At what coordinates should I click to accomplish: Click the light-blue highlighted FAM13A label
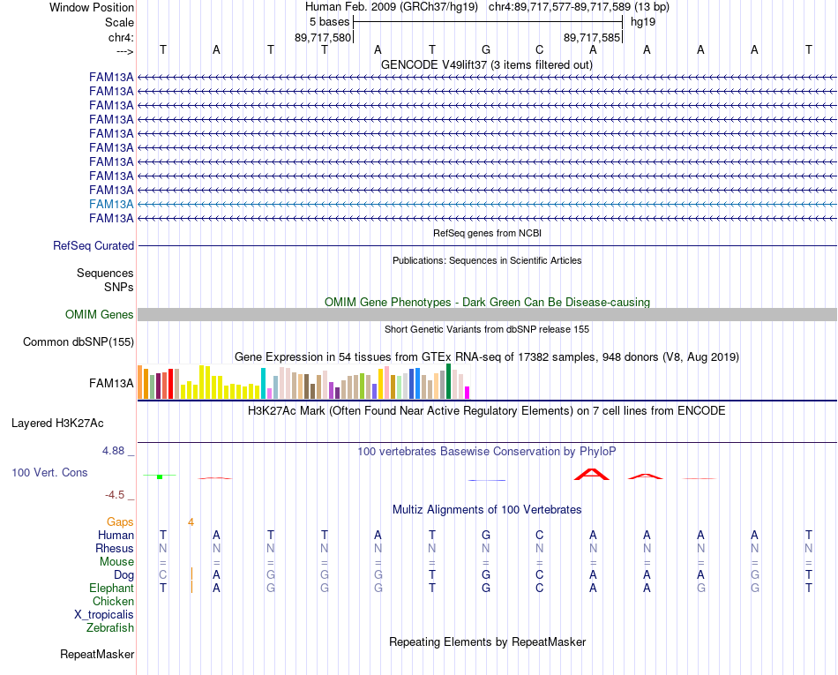coord(111,204)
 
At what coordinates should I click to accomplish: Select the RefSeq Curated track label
coord(94,246)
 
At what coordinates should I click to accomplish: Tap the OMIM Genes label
coord(100,314)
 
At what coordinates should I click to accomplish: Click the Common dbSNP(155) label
coord(79,342)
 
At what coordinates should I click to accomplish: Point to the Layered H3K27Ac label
coord(57,424)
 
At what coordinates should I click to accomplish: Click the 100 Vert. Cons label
coord(49,472)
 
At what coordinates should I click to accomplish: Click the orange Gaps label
coord(120,521)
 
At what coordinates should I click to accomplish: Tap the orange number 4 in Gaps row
coord(191,522)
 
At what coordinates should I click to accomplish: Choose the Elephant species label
coord(112,588)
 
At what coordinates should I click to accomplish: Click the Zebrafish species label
coord(110,627)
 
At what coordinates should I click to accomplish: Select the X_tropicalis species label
coord(104,615)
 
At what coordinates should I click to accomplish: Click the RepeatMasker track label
coord(97,654)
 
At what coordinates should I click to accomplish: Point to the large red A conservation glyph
coord(592,474)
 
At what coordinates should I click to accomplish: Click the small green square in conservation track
coord(160,476)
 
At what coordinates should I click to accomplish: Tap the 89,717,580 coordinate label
coord(323,37)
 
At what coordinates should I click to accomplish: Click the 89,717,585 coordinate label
coord(592,37)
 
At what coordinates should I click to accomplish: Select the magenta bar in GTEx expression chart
coord(468,393)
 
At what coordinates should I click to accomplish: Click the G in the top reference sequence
coord(486,49)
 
